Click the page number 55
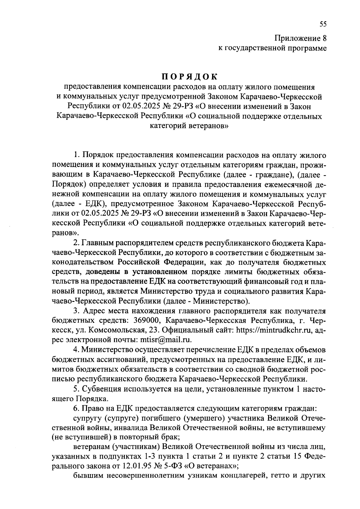coord(322,24)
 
